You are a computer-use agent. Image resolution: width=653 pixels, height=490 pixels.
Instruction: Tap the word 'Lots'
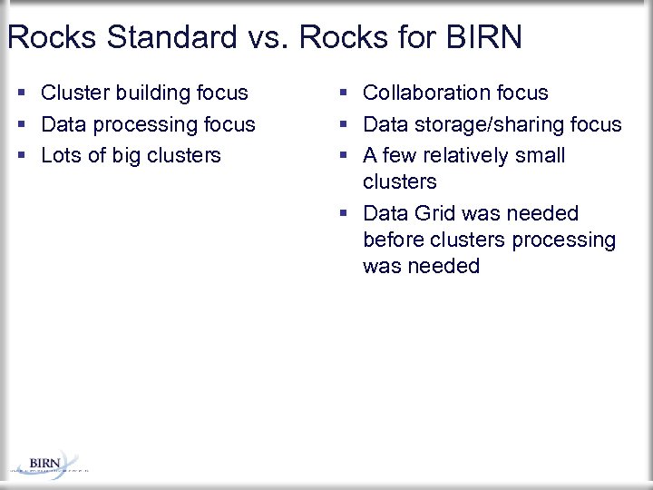point(61,155)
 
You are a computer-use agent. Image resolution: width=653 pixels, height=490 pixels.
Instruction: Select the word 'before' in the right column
point(392,240)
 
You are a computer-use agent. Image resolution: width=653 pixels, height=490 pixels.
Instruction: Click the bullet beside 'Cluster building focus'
point(21,93)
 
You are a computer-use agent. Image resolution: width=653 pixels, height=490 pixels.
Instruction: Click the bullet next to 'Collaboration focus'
point(344,93)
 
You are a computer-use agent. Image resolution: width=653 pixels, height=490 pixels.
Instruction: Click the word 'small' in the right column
point(541,155)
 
